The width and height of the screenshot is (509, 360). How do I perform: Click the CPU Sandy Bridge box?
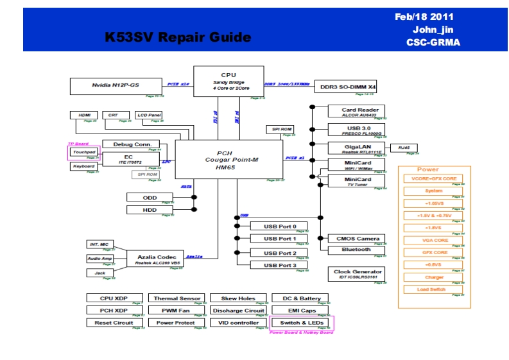pos(229,81)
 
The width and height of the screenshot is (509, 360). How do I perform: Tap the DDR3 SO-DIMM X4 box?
pos(349,86)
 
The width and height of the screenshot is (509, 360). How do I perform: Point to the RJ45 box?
pos(403,148)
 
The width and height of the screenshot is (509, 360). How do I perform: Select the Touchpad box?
pos(84,153)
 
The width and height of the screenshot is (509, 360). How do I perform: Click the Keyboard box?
pos(84,166)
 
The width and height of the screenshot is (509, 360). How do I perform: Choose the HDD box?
pos(150,210)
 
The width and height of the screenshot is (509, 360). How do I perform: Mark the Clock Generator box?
pos(357,274)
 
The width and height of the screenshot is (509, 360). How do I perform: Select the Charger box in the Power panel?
pos(434,278)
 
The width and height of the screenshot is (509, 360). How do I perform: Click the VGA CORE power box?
pos(434,241)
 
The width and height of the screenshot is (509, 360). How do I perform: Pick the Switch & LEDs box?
pos(302,323)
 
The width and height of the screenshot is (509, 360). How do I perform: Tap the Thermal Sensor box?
pos(177,298)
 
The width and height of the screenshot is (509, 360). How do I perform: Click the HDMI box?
pos(83,116)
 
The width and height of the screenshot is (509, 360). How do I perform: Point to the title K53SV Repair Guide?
pos(178,37)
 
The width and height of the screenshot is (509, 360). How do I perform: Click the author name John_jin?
pos(433,30)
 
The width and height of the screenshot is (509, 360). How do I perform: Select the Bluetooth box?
pos(356,250)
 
